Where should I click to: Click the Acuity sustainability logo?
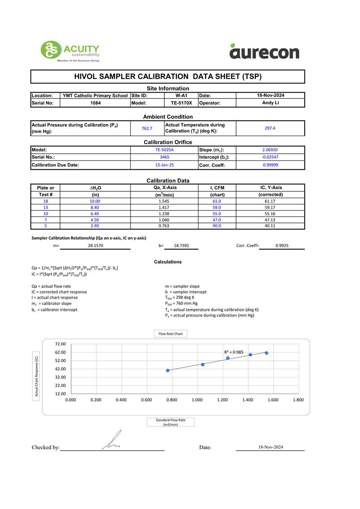70,51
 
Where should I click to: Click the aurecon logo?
264,52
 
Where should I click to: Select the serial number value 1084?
95,103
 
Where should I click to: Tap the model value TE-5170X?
181,103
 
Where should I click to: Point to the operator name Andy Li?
270,102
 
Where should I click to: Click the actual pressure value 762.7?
147,128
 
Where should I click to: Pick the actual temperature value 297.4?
270,128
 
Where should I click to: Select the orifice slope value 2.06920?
270,150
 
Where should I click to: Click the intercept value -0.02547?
270,157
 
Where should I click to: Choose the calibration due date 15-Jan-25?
164,165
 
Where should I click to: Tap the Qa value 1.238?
164,214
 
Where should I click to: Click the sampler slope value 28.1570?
96,246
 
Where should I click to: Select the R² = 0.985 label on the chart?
233,352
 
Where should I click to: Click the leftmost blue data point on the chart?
168,371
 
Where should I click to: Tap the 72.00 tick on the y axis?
60,344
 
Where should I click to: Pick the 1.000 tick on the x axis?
197,399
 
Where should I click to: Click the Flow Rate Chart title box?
171,334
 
